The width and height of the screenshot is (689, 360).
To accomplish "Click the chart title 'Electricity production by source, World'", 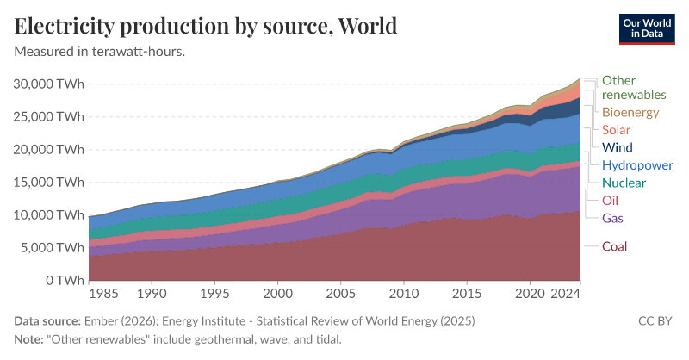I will tap(206, 25).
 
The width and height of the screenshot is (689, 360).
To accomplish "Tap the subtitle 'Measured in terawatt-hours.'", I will tap(100, 51).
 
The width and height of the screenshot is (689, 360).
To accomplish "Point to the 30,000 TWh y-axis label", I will tap(49, 84).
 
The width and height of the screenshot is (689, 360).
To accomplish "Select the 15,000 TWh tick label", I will tap(49, 182).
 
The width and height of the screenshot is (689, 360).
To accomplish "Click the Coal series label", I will tap(614, 247).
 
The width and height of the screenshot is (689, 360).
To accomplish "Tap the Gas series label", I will tap(612, 217).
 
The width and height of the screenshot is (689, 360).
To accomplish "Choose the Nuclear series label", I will tap(624, 183).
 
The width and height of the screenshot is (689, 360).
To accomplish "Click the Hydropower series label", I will tap(637, 164).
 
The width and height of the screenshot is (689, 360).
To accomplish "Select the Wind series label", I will tap(618, 147).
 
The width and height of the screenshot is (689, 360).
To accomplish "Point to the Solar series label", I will tap(617, 130).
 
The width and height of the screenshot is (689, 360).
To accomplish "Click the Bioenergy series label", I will tap(630, 113).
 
